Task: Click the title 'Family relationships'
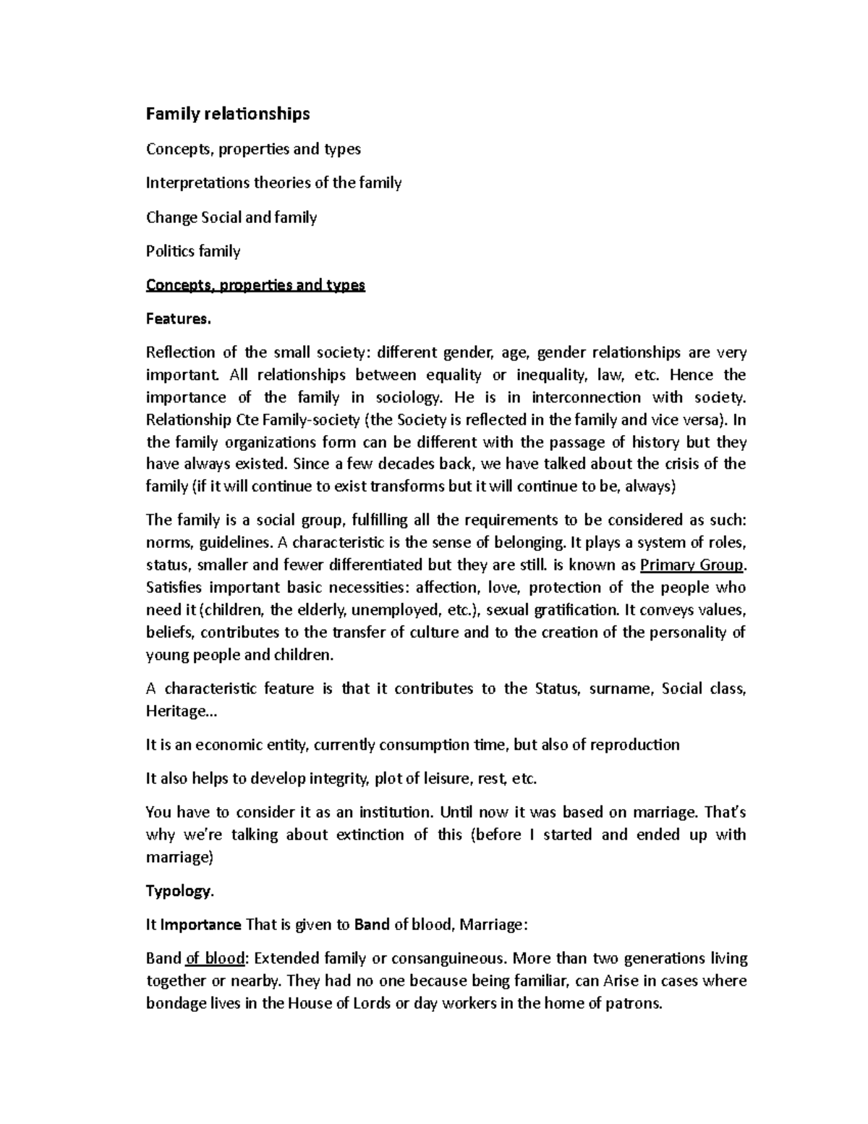coord(228,114)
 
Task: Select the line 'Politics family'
coord(193,251)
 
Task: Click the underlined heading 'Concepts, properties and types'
coord(255,285)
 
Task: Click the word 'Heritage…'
coord(181,711)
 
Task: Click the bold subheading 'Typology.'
coord(180,891)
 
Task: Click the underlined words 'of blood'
coord(216,958)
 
